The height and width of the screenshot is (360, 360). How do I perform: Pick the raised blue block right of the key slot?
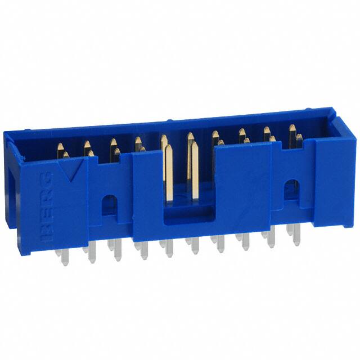242,186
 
